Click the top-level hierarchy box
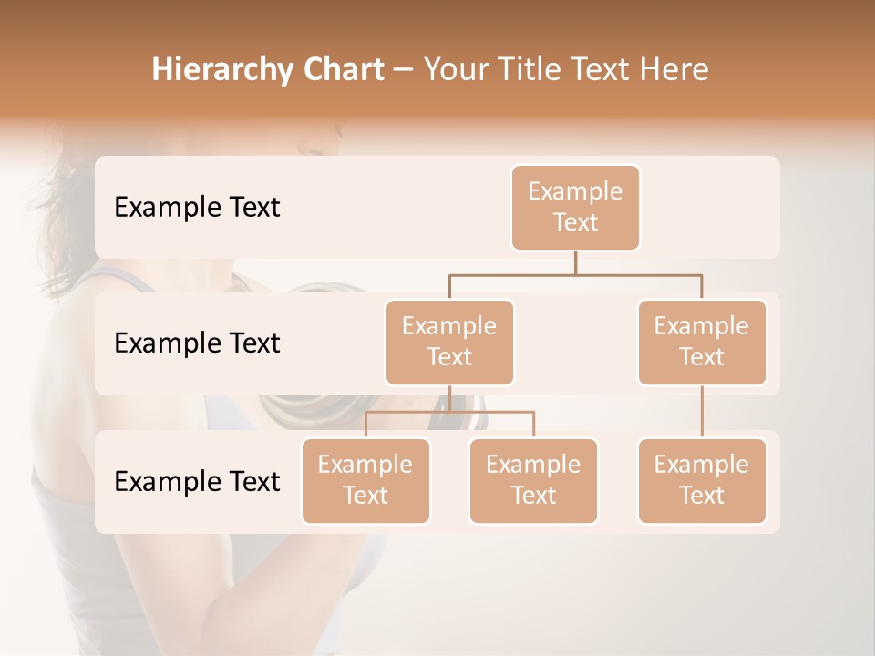click(575, 207)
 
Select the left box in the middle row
click(449, 342)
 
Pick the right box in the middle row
click(702, 342)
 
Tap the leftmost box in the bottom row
click(365, 480)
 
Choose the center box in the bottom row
click(533, 480)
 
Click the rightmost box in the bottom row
click(702, 480)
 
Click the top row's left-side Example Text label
click(197, 208)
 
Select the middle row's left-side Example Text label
click(197, 343)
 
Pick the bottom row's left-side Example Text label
click(197, 481)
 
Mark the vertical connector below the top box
click(575, 262)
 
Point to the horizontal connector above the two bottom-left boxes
click(449, 412)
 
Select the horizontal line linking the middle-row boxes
click(575, 274)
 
